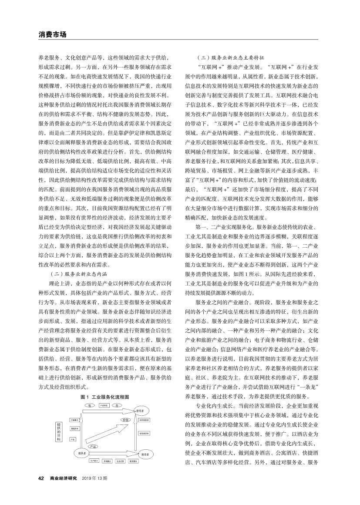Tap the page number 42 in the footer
tap(41, 478)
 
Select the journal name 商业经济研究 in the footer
tap(63, 478)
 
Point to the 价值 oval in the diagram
tap(124, 420)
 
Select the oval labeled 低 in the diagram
tap(89, 405)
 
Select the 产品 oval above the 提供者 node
tap(93, 446)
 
